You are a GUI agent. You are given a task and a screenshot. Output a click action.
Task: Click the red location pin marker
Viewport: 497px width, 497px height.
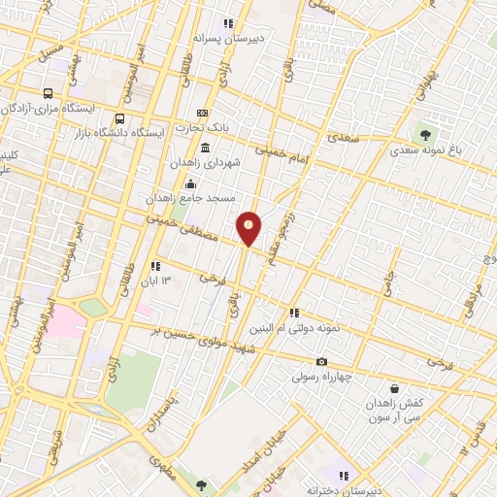(249, 227)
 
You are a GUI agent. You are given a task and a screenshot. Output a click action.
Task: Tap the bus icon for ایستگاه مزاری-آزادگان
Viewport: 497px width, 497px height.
(48, 94)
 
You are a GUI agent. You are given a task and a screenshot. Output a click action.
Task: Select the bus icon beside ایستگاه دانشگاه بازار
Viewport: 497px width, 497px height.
(120, 118)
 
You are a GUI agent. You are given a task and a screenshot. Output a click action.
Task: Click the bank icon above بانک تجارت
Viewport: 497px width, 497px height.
(202, 113)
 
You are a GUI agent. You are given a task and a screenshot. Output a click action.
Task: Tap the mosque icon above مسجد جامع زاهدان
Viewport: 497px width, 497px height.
(190, 184)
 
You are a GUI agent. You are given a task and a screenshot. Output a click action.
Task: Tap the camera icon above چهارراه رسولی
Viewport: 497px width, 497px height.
(322, 362)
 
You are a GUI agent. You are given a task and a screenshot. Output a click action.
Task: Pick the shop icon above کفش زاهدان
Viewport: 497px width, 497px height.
(394, 388)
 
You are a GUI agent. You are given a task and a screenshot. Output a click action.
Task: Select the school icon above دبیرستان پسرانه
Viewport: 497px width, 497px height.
(229, 23)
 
